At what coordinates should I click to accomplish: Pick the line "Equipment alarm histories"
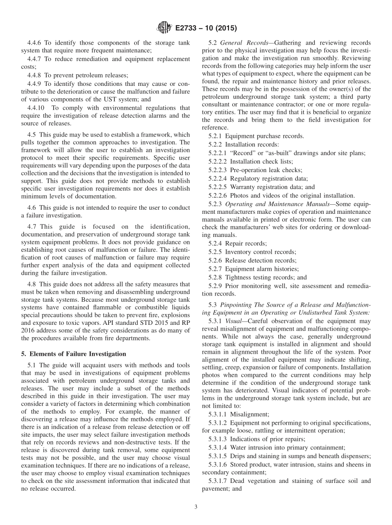(261, 269)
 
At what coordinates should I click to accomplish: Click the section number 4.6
(32, 207)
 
